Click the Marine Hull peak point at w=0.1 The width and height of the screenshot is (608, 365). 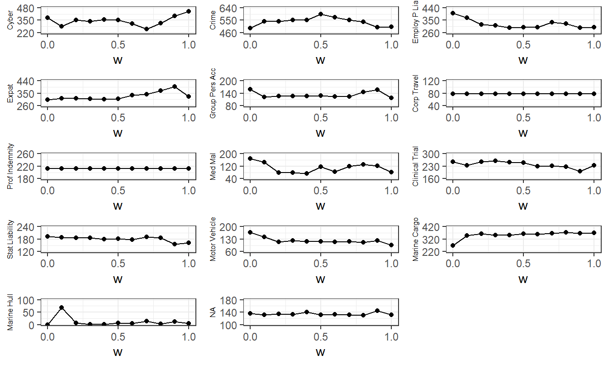point(62,308)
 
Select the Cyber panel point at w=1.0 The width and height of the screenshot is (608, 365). point(189,11)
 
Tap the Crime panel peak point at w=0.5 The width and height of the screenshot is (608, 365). point(321,14)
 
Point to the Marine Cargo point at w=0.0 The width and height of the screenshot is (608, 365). point(453,245)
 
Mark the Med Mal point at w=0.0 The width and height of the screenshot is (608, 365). point(250,158)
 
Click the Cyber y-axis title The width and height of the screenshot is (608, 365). point(11,20)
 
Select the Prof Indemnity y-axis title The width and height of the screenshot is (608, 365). point(11,166)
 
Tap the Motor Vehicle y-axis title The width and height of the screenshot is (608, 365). point(214,239)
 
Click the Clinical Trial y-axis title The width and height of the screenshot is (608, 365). point(416,166)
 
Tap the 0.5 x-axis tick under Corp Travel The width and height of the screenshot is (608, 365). point(523,118)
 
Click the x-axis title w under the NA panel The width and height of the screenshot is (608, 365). point(320,352)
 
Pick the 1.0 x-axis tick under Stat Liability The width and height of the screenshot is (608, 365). point(189,264)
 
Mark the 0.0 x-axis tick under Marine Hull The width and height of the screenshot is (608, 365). point(47,336)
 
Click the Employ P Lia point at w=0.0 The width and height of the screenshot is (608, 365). point(453,13)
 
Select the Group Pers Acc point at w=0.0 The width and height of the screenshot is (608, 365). point(250,89)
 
